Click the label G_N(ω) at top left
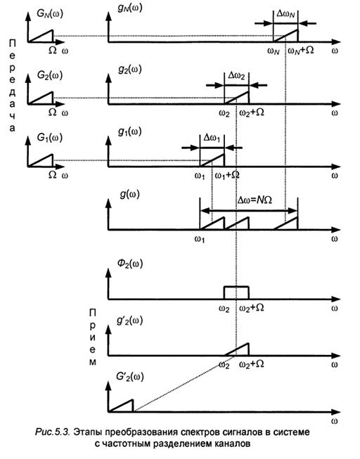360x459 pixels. (50, 14)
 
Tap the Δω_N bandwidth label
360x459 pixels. (285, 14)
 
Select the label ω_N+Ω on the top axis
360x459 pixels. (300, 51)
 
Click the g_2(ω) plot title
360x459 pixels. (130, 70)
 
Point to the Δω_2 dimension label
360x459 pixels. (236, 76)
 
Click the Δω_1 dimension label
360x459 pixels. (212, 138)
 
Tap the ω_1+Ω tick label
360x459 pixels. (227, 175)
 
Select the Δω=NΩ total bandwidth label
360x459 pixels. (255, 200)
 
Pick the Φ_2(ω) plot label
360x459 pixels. (130, 264)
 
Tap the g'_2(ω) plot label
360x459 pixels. (129, 321)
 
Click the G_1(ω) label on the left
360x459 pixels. (50, 138)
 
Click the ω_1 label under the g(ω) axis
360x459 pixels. (200, 239)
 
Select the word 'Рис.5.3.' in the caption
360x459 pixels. (52, 432)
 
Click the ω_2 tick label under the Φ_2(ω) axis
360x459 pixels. (224, 309)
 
